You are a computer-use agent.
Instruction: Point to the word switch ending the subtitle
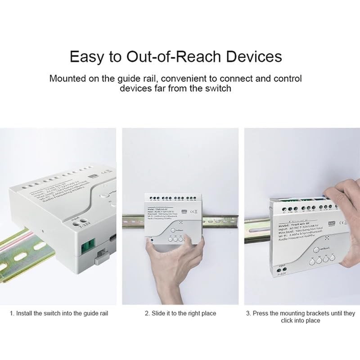tap(217, 88)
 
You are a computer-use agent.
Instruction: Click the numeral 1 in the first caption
tap(11, 313)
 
